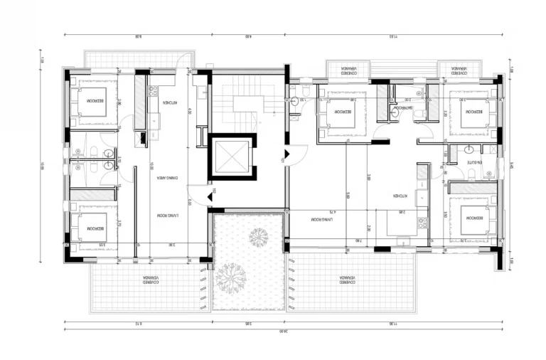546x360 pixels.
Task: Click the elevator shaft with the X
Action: tap(232, 156)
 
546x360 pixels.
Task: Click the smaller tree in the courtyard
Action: tap(258, 236)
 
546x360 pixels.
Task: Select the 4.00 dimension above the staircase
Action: tap(248, 36)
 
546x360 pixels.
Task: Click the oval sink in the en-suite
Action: tap(469, 149)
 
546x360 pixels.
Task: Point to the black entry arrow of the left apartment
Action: tap(210, 195)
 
